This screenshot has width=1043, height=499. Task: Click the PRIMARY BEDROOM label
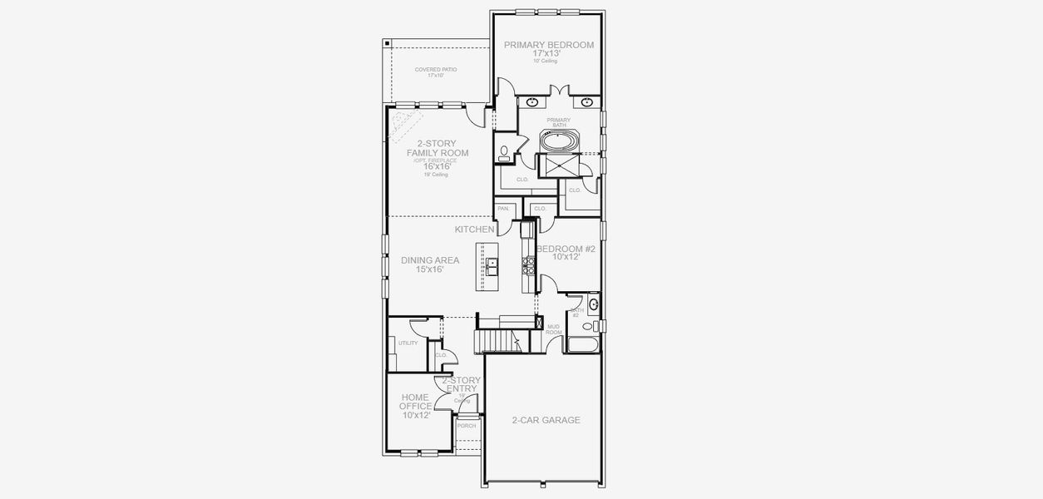(548, 45)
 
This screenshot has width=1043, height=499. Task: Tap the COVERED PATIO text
(436, 70)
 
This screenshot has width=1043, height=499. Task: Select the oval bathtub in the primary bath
(559, 141)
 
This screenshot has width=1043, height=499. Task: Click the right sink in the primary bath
(587, 103)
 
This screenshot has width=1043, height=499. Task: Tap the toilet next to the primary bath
(504, 152)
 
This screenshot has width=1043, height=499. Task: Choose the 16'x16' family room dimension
(437, 166)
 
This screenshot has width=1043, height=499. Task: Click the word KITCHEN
(474, 229)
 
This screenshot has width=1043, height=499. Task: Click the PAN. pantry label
(502, 209)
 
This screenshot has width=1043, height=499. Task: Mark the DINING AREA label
(430, 260)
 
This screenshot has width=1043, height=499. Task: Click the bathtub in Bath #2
(582, 343)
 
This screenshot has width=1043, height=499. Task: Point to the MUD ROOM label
(553, 329)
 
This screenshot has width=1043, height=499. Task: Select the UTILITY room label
(408, 343)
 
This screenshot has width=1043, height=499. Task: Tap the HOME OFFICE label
(416, 406)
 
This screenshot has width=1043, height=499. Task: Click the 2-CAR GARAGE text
(546, 420)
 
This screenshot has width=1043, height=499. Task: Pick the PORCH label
(467, 426)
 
